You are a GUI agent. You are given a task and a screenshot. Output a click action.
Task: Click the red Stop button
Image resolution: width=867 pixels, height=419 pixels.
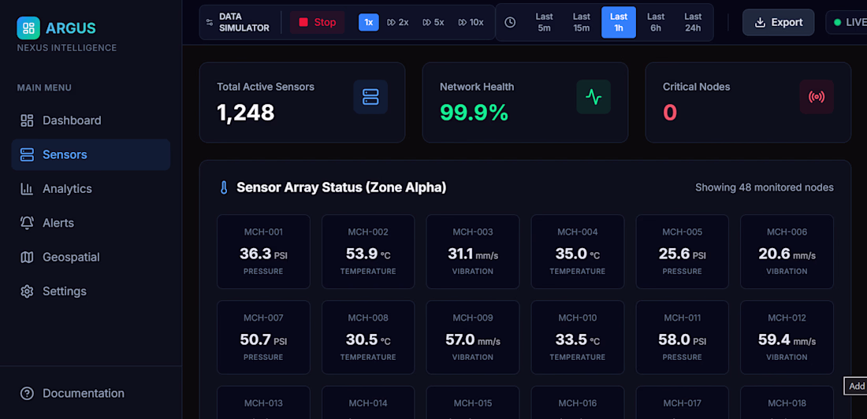tap(318, 22)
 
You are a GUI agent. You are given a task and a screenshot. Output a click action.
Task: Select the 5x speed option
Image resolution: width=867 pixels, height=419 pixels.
tap(433, 22)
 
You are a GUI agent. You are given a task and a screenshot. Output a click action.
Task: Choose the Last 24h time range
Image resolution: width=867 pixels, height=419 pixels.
tap(693, 22)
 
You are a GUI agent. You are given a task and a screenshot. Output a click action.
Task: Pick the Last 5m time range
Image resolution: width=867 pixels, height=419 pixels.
tap(544, 22)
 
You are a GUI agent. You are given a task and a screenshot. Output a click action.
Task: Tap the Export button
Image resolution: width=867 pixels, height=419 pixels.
tap(778, 22)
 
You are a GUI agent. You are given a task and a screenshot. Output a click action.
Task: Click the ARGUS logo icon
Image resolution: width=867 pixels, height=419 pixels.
tap(28, 28)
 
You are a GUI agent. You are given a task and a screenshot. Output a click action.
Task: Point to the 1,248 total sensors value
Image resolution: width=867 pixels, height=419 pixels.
tap(245, 113)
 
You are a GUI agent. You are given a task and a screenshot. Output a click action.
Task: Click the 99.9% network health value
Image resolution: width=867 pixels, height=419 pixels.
tap(474, 113)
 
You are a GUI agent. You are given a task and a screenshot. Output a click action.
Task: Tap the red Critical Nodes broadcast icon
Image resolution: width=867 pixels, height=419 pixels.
tap(816, 97)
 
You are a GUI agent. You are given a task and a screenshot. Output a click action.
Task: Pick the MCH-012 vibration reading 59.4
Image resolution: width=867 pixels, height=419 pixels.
tap(773, 340)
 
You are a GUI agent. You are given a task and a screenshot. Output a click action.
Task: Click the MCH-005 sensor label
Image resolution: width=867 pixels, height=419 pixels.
tap(683, 232)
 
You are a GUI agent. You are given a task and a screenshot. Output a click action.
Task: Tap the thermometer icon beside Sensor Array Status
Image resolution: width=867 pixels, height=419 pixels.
tap(224, 188)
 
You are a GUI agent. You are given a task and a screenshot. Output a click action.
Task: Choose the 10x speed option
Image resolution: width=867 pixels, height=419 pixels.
tap(471, 22)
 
